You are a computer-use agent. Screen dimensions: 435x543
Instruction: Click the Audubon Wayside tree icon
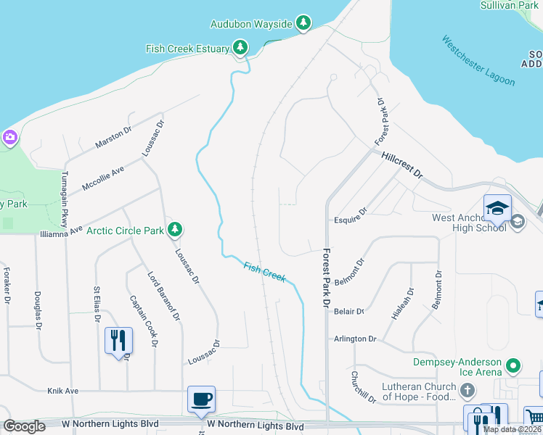[303, 23]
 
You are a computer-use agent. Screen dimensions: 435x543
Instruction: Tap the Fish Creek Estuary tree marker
[240, 49]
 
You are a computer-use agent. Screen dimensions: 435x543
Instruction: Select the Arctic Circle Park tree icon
[174, 231]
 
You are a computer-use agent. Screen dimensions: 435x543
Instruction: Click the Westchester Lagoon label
[478, 61]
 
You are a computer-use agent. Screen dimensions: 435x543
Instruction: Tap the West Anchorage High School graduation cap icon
[498, 207]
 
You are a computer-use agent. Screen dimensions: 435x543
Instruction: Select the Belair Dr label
[349, 311]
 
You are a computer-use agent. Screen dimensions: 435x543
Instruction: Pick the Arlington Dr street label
[355, 339]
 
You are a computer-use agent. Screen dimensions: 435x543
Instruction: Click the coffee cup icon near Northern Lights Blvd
[201, 399]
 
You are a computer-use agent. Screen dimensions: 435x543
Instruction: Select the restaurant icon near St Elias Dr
[118, 340]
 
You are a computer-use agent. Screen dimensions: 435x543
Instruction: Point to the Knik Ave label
[62, 391]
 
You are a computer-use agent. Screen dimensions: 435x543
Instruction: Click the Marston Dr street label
[113, 138]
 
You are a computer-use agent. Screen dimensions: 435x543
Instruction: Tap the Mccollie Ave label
[103, 178]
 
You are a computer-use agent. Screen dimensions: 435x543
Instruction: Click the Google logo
[25, 426]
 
